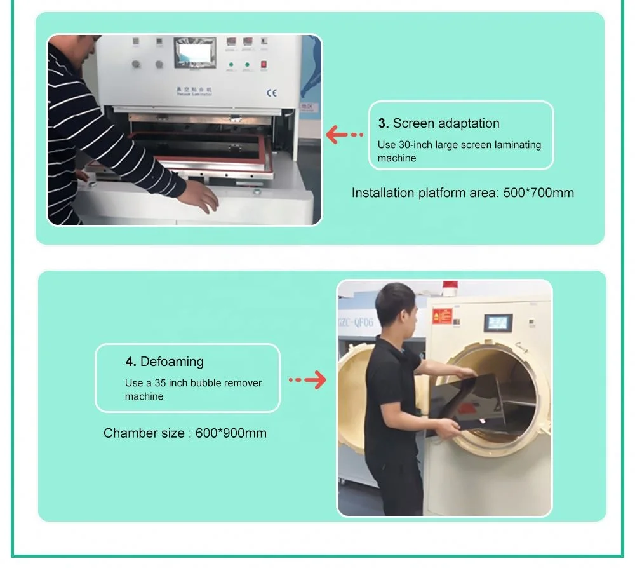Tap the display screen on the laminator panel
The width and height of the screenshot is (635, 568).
click(x=195, y=53)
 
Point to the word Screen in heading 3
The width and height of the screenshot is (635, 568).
click(x=414, y=123)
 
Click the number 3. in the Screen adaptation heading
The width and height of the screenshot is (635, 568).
click(x=384, y=123)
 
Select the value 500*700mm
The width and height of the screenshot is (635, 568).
click(x=538, y=193)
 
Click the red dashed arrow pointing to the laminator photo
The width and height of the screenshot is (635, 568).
click(x=344, y=134)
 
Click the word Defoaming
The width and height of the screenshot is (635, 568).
click(x=172, y=362)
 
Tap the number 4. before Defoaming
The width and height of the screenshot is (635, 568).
click(x=131, y=362)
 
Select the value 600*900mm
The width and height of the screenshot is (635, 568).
click(x=231, y=433)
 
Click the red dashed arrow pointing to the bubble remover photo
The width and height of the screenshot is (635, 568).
click(x=307, y=380)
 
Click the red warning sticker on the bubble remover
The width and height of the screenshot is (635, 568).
click(x=442, y=316)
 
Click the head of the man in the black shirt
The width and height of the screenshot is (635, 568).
click(x=398, y=306)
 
